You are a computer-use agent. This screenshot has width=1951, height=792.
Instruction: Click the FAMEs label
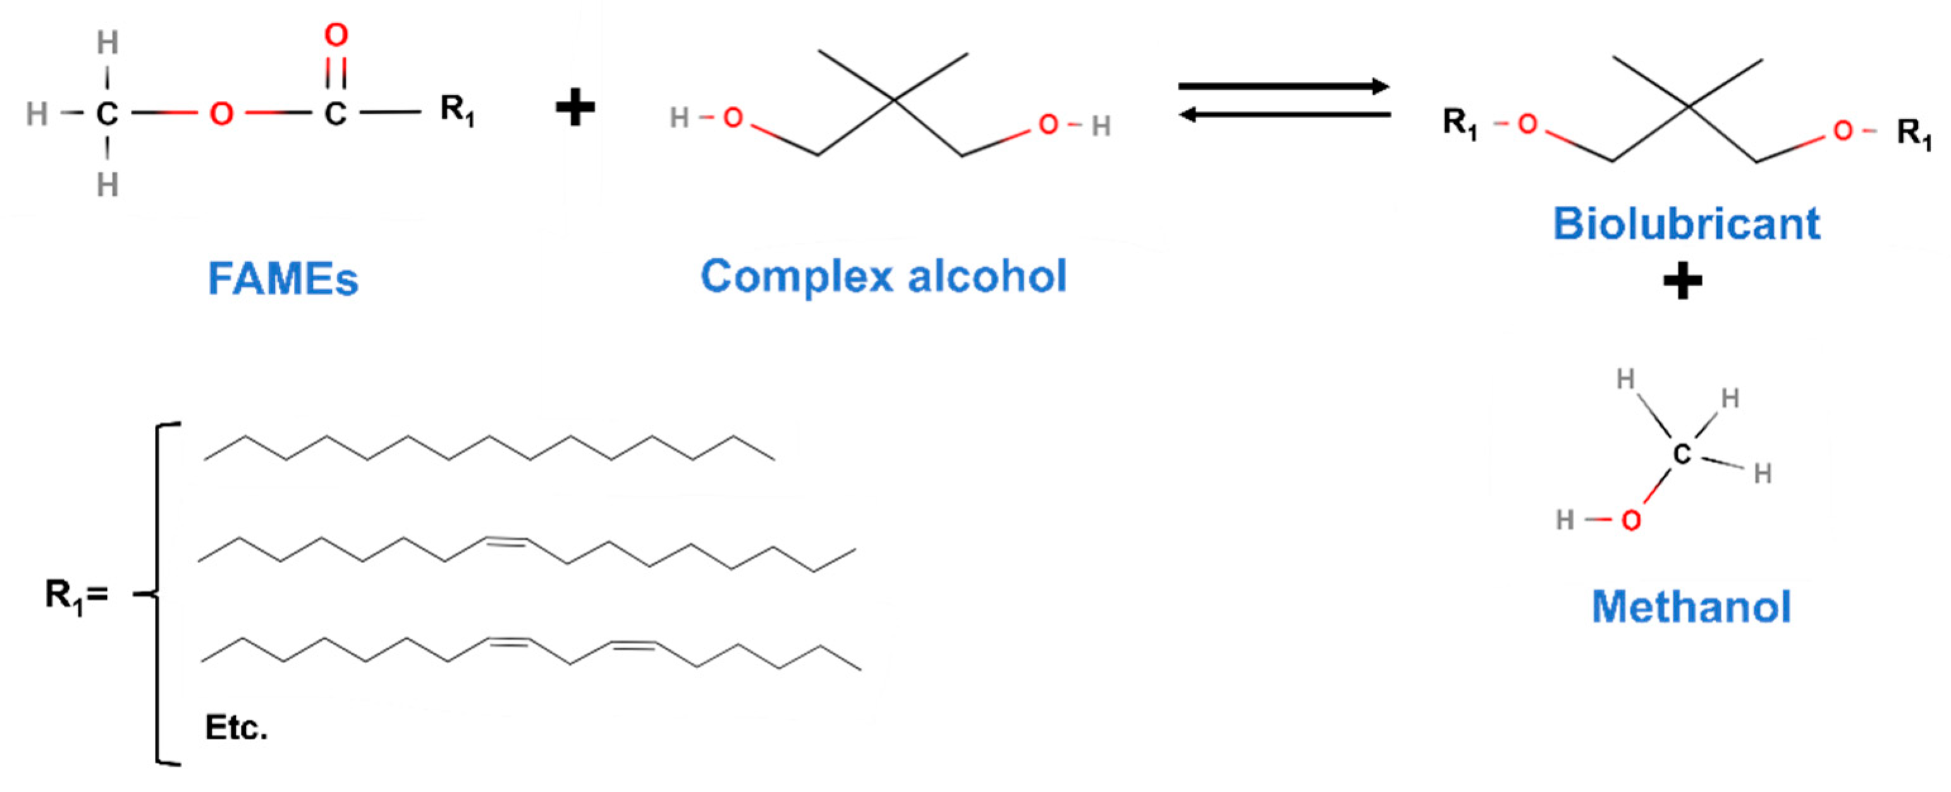283,279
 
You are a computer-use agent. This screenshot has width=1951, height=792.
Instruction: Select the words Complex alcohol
883,276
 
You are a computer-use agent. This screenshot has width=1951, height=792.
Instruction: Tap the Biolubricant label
1686,224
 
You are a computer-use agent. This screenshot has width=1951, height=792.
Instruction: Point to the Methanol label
1691,607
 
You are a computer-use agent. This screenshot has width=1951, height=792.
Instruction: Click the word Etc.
236,728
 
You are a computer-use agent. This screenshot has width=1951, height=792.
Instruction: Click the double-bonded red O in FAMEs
336,35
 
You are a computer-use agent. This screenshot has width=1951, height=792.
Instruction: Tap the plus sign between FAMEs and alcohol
575,108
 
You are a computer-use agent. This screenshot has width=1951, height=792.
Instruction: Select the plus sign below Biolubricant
1682,283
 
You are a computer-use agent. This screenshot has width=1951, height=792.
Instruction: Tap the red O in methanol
1630,520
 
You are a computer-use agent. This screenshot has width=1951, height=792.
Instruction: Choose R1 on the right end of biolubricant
1914,134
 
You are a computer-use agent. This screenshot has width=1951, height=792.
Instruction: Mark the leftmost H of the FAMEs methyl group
37,114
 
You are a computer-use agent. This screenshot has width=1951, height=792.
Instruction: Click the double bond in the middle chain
506,540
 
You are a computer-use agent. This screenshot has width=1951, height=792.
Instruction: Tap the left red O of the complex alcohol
732,118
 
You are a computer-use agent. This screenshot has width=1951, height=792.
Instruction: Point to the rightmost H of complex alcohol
1101,126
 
